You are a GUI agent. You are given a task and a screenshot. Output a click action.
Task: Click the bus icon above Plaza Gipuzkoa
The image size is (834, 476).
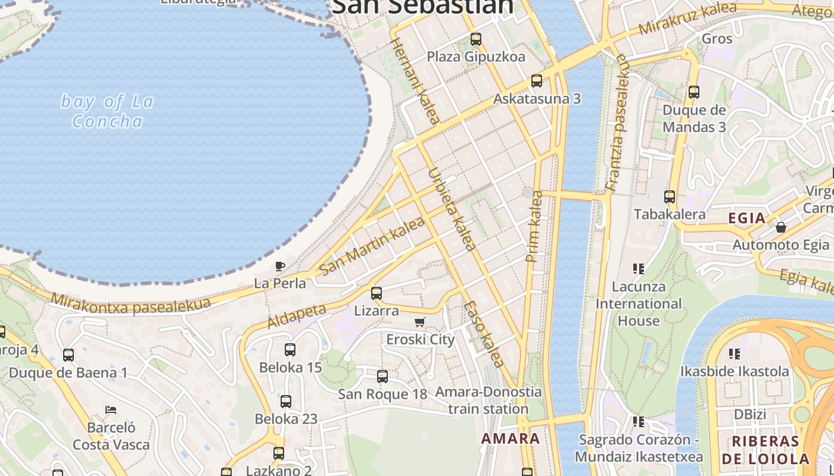475,39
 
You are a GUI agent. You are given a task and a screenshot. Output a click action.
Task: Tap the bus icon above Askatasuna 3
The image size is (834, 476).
536,81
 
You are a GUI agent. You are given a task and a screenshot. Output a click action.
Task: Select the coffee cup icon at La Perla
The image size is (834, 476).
280,266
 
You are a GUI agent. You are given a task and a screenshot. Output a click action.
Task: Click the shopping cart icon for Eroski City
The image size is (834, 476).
420,322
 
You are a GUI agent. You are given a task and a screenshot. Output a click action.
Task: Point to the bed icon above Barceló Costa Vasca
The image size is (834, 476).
111,410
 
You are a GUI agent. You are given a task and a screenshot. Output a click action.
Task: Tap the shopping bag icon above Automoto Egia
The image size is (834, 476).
780,227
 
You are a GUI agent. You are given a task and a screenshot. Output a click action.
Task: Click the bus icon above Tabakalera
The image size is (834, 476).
670,197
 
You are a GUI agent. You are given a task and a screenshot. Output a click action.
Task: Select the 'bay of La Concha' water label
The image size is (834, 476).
107,111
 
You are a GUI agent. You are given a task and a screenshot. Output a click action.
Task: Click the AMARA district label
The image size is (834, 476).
511,439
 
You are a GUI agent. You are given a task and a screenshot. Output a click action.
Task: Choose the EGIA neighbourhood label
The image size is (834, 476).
746,218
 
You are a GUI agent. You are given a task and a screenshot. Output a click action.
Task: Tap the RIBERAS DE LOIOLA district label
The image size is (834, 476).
765,450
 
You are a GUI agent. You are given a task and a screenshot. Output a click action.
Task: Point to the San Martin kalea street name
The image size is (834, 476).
372,246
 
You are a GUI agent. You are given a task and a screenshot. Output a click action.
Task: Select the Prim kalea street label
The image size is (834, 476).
534,226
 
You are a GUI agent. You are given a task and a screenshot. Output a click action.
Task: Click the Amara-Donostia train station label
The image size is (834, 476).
488,400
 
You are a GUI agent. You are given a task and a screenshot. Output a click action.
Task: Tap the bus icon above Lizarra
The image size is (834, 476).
376,293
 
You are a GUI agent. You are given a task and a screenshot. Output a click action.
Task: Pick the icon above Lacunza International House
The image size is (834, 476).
639,269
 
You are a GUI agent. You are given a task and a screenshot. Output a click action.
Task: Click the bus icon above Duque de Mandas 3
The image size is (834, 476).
693,92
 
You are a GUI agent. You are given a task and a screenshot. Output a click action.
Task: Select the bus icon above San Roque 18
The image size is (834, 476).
382,377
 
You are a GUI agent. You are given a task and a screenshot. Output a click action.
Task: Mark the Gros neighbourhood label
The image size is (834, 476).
717,39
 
